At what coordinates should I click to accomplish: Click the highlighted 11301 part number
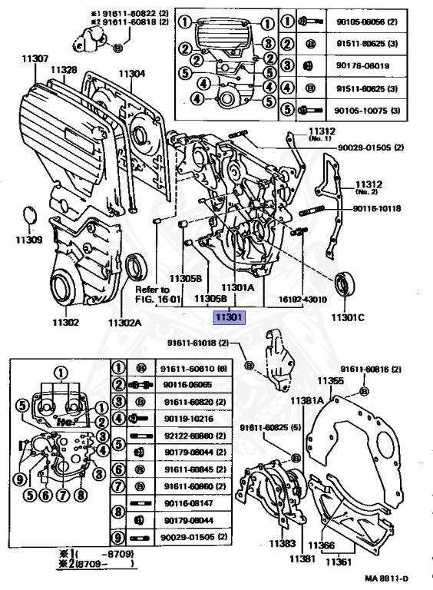228,317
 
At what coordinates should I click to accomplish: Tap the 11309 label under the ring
28,239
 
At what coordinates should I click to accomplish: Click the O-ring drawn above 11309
27,216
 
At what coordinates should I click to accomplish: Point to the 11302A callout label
125,323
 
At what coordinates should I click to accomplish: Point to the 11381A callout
307,400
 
